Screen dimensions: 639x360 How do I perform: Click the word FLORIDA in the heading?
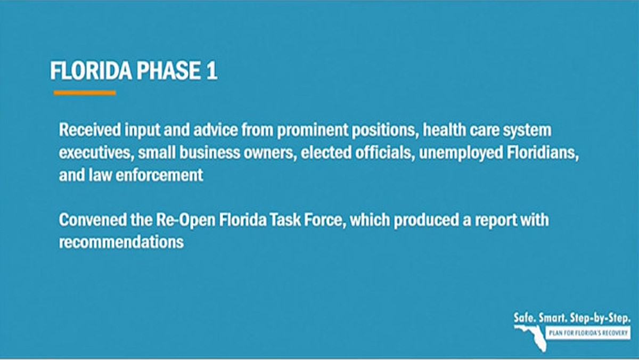[x=91, y=71]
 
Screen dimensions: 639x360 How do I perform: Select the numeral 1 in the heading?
[x=211, y=71]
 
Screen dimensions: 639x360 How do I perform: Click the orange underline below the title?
[x=85, y=93]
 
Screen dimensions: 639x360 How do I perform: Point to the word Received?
[x=90, y=130]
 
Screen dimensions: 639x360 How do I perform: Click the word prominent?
[x=313, y=130]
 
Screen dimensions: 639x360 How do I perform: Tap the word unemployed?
[x=461, y=153]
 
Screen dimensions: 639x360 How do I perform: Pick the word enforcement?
[x=159, y=175]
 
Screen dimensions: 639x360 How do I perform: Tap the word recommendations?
[x=121, y=242]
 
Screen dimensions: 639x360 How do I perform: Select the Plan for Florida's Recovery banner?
[x=588, y=333]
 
